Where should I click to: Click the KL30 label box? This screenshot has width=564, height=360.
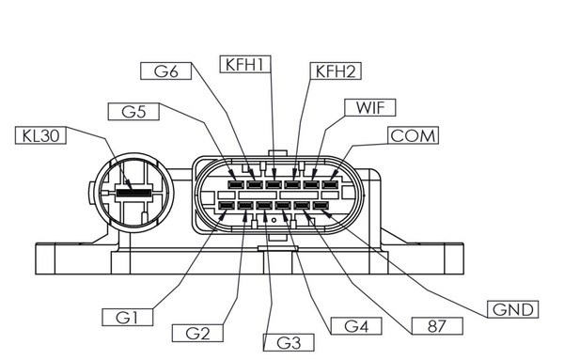click(40, 134)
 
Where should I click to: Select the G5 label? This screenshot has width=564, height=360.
click(133, 111)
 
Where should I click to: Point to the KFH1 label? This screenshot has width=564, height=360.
click(245, 64)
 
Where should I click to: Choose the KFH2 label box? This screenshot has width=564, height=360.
click(337, 70)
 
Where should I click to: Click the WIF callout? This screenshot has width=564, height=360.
click(368, 105)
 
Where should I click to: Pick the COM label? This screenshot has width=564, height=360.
click(414, 136)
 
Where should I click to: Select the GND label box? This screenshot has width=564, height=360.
click(514, 309)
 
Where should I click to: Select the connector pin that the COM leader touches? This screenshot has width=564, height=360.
click(329, 185)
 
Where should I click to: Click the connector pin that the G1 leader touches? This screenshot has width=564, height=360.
click(226, 205)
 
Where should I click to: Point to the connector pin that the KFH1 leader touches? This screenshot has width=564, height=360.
click(274, 185)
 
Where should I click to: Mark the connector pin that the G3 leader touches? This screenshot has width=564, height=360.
click(264, 205)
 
